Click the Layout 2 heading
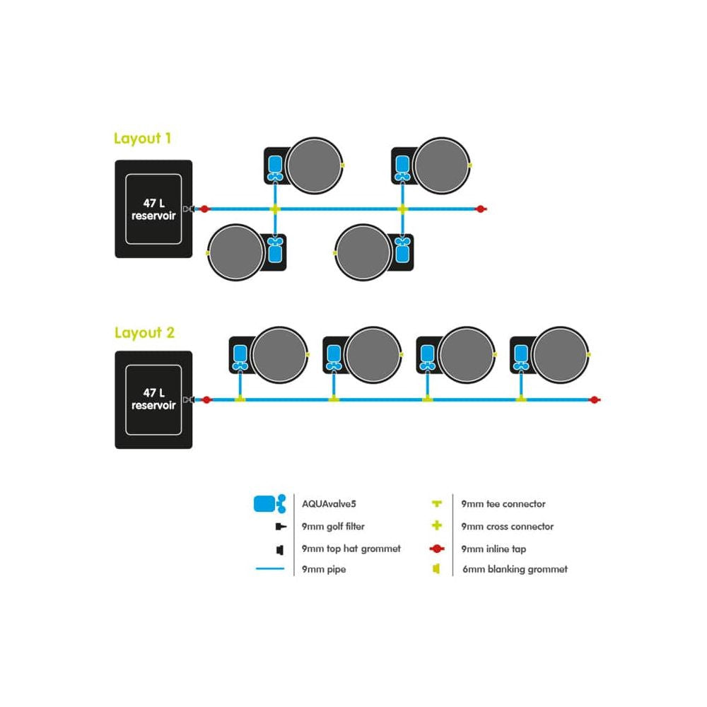[x=144, y=332]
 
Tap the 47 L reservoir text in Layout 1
[x=153, y=209]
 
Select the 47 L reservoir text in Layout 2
[x=153, y=399]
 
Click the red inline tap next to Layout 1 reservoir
[x=204, y=209]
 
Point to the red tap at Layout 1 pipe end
[x=480, y=209]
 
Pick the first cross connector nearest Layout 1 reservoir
[x=275, y=209]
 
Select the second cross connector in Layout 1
[x=403, y=209]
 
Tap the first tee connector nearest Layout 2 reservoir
[x=240, y=400]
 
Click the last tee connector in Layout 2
[x=521, y=400]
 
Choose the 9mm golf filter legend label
[x=333, y=526]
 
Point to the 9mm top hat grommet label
[x=351, y=548]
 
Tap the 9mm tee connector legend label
[x=503, y=504]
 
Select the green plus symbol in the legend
[x=437, y=526]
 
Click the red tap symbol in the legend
[x=437, y=548]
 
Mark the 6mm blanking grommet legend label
[x=514, y=569]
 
